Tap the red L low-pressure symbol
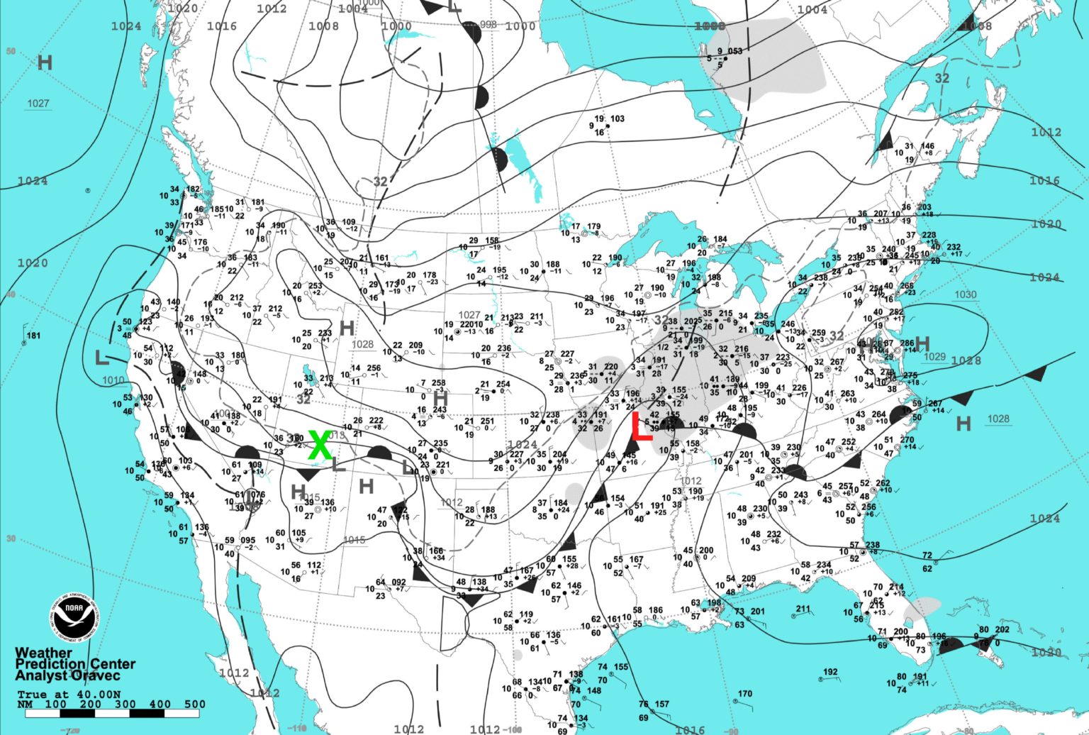point(641,428)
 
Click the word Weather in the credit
point(43,653)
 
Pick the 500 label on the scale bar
point(194,704)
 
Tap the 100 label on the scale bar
point(55,704)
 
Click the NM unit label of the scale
point(25,704)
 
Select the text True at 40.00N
point(69,694)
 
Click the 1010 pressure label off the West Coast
point(113,380)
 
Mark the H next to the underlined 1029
point(922,343)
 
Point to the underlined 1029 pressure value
point(934,356)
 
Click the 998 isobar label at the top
point(488,24)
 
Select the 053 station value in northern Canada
point(735,51)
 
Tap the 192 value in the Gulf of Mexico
point(830,672)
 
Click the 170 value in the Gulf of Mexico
point(744,694)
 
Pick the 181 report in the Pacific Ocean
point(33,336)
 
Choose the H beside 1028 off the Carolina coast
point(963,424)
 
